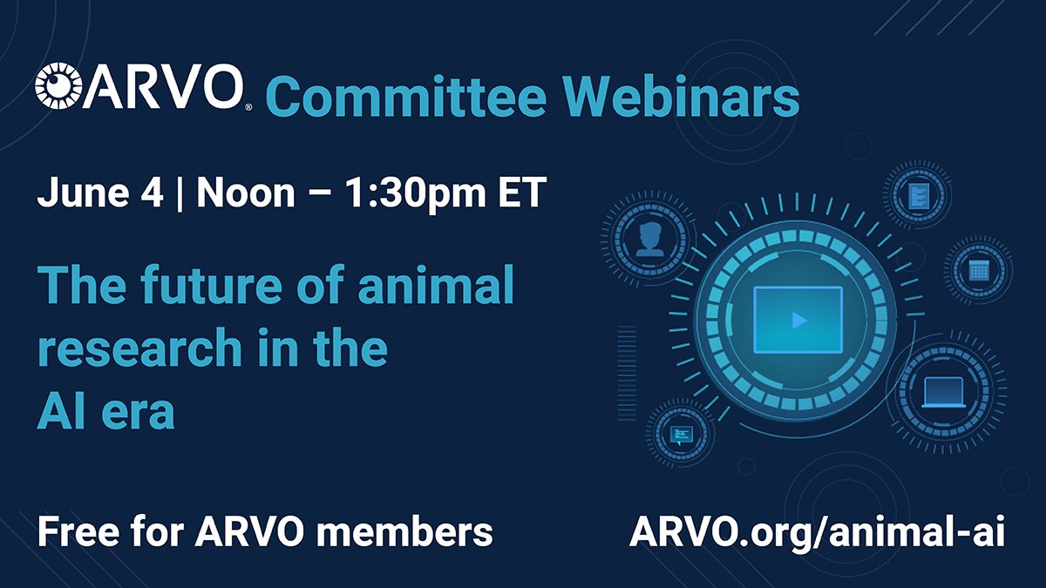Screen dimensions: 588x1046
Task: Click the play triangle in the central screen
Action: click(798, 321)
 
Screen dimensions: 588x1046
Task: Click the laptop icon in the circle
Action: click(944, 392)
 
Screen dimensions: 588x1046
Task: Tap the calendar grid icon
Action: click(979, 270)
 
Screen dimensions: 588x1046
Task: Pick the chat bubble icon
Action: click(682, 433)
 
